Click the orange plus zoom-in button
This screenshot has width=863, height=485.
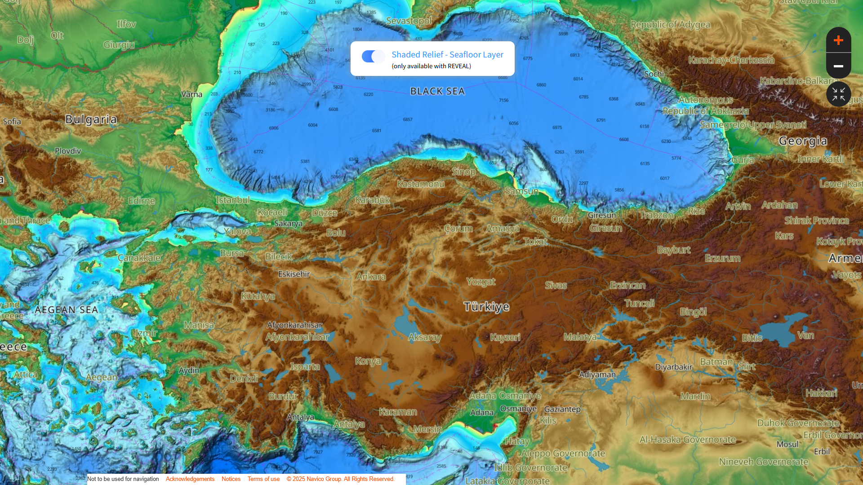(x=838, y=40)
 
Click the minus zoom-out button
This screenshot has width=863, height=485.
(x=838, y=66)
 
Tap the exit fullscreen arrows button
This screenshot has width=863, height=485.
(x=838, y=94)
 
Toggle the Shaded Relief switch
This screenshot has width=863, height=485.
(x=373, y=57)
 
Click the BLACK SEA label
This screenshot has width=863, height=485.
(x=437, y=91)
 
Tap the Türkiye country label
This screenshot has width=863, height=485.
(x=486, y=307)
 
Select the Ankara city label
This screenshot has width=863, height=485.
(x=371, y=277)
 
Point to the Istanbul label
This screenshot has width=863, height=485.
(x=232, y=200)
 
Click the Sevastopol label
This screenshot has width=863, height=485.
(x=409, y=21)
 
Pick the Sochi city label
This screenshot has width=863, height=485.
(x=654, y=74)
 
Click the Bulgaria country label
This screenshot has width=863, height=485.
(x=91, y=119)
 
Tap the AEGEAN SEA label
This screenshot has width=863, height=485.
(x=66, y=310)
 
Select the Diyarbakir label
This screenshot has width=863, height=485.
(x=673, y=367)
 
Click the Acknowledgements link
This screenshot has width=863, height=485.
(x=190, y=479)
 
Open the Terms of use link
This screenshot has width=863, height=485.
(x=263, y=479)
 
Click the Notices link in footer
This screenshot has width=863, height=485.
(x=231, y=479)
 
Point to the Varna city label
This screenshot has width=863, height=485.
(x=191, y=94)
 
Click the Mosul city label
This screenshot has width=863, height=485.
(x=787, y=444)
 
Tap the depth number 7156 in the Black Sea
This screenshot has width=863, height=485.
(x=503, y=100)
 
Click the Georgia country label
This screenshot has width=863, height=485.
(x=803, y=141)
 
